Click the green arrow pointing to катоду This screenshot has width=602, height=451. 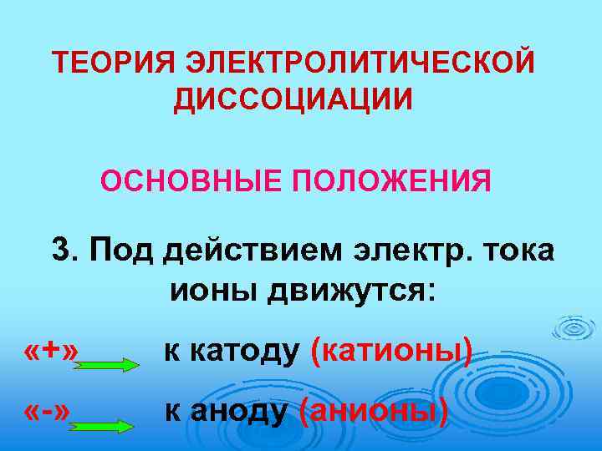(107, 364)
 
